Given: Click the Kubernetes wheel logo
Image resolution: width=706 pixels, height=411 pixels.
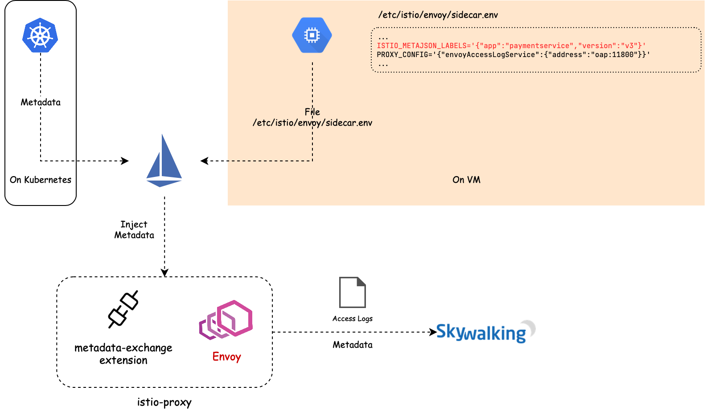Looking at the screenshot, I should click(40, 35).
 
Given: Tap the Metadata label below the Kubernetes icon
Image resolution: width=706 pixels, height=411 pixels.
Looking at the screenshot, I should click(41, 102).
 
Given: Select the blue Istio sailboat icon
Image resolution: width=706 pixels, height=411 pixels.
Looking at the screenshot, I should click(164, 161).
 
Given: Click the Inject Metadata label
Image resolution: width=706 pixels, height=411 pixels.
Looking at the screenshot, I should click(134, 230).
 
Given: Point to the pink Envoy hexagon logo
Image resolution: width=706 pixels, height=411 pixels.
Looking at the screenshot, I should click(226, 320).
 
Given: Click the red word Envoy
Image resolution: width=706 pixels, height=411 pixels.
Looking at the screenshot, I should click(227, 357).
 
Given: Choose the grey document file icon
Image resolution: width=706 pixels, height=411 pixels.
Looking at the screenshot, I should click(353, 292).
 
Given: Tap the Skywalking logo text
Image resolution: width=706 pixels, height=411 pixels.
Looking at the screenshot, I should click(480, 332).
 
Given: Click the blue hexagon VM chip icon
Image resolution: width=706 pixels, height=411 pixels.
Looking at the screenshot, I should click(312, 35).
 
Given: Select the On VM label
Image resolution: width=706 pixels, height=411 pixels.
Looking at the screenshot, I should click(466, 180).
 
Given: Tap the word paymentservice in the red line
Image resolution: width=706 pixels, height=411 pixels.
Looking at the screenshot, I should click(539, 46).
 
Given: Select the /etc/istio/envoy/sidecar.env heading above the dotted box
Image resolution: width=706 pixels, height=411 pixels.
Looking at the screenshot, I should click(438, 15).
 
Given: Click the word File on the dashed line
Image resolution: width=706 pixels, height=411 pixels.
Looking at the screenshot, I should click(312, 112).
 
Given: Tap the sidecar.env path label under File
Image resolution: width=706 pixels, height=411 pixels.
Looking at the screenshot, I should click(312, 123).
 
